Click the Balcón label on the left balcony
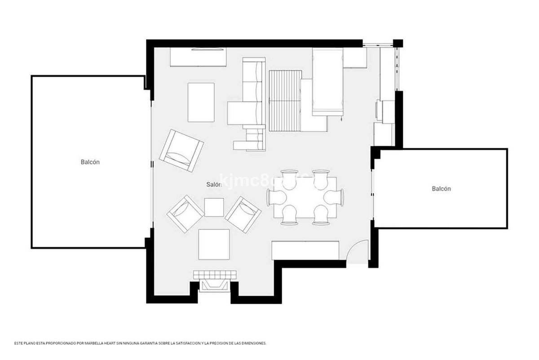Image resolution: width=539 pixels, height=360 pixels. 90,162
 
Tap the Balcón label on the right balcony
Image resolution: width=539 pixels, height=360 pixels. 441,189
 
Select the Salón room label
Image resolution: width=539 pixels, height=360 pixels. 214,184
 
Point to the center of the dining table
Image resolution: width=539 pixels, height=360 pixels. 305,197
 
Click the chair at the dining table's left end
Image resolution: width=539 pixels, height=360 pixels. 274,197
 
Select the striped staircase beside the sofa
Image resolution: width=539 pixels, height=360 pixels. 285,100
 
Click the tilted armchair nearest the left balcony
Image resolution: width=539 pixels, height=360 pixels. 181,151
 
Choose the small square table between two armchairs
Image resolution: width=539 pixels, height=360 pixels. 214,207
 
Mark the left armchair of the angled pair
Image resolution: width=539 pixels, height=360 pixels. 186,213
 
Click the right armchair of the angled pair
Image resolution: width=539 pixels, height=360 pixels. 243,214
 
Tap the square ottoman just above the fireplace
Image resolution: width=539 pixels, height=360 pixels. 214,244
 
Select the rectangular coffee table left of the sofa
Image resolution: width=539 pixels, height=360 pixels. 201,102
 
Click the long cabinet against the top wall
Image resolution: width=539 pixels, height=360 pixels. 198,57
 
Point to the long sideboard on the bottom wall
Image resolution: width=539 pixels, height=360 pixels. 305,250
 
